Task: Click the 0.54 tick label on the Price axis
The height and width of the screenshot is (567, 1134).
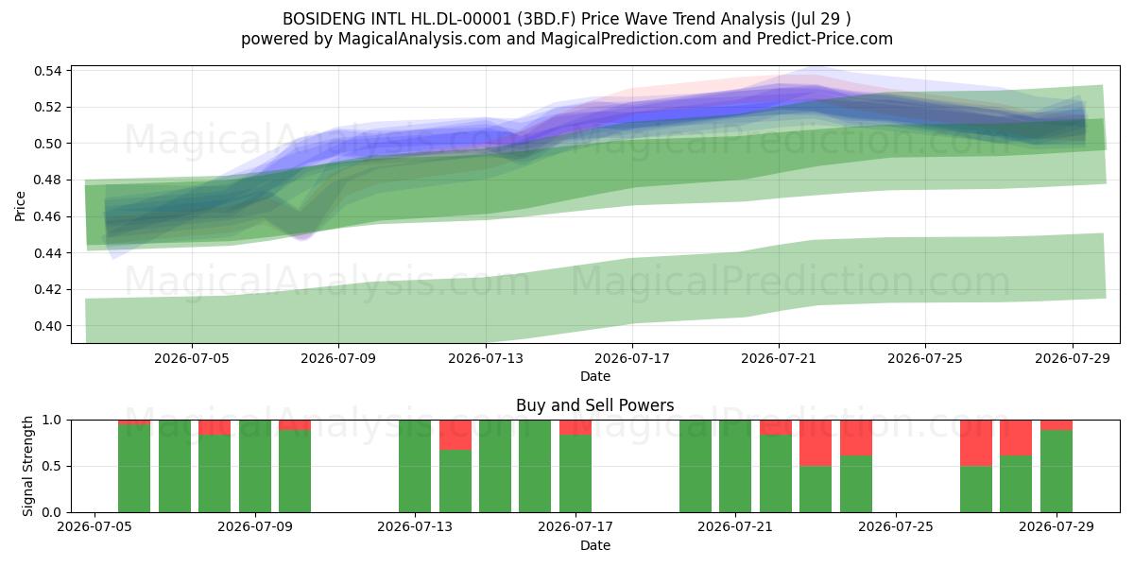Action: click(47, 71)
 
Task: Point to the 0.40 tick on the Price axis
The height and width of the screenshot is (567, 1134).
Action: click(47, 326)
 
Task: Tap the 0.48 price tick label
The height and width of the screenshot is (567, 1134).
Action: click(47, 180)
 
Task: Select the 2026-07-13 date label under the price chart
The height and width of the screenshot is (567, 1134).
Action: click(486, 358)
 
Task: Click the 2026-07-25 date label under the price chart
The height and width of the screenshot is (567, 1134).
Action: click(925, 358)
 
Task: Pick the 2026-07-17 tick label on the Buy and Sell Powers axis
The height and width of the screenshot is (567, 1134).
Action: click(576, 526)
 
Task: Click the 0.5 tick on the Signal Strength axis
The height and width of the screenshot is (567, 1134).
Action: click(52, 466)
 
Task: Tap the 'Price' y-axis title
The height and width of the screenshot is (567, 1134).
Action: click(20, 206)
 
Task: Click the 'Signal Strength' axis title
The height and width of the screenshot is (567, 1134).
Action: click(27, 466)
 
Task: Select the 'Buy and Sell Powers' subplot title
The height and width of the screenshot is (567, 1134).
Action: click(594, 405)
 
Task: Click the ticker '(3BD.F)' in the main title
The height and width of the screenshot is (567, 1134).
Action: click(547, 19)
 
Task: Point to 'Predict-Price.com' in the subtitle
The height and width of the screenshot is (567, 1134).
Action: click(825, 39)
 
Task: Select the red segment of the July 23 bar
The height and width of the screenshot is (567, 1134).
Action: click(816, 443)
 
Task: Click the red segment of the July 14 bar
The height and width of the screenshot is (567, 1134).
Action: click(455, 435)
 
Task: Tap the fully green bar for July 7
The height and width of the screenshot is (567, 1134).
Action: click(175, 466)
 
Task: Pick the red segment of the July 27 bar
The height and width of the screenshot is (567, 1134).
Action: click(976, 443)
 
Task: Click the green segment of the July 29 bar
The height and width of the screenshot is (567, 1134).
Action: click(1057, 471)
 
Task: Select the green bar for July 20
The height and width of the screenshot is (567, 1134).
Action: click(696, 466)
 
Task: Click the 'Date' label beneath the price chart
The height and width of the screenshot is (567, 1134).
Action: click(594, 376)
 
